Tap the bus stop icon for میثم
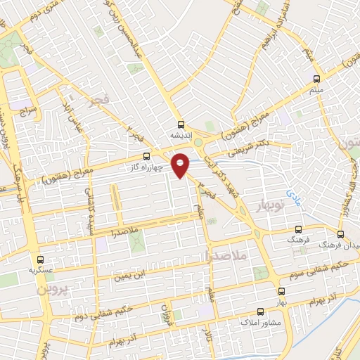[x=316, y=79]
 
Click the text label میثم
[x=316, y=91]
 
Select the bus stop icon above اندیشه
[x=181, y=122]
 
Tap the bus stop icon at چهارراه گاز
[x=146, y=156]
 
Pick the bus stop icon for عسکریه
[x=40, y=259]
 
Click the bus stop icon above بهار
[x=282, y=290]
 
